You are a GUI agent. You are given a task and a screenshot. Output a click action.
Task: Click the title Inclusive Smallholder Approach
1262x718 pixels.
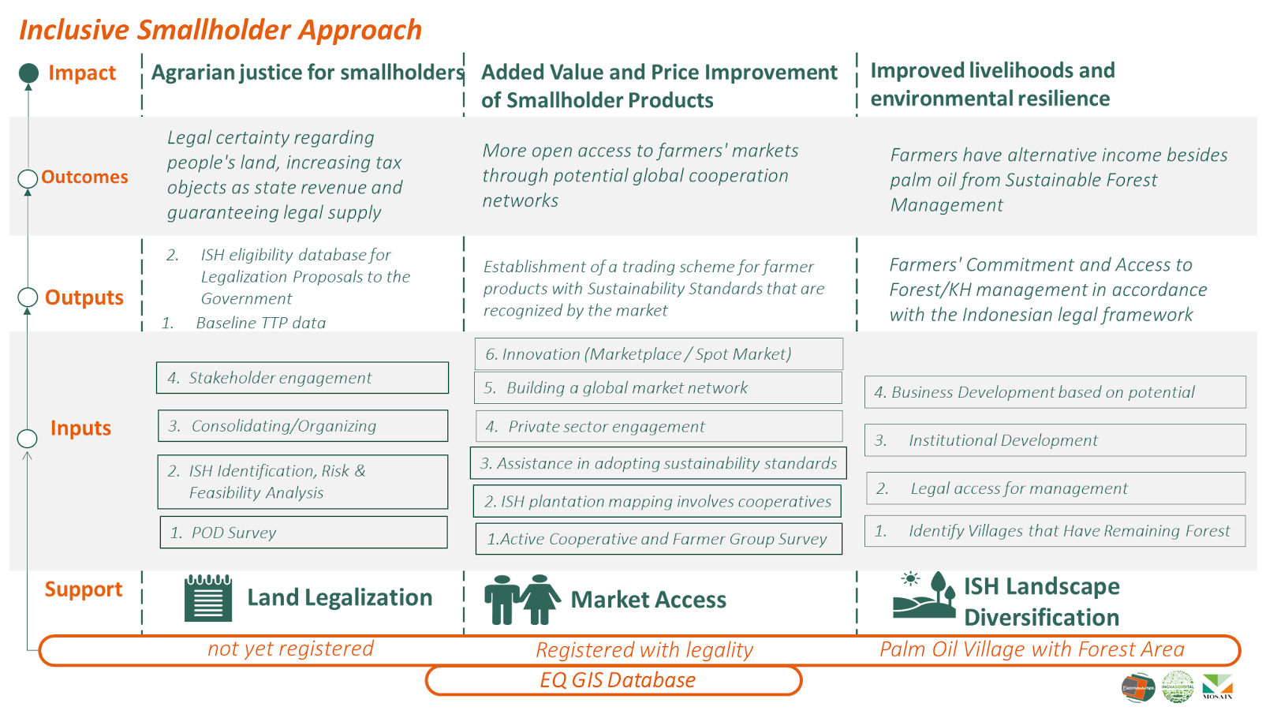(220, 30)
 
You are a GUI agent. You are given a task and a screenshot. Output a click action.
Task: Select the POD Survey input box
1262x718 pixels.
(304, 533)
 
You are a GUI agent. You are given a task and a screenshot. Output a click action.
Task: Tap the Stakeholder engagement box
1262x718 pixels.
(302, 378)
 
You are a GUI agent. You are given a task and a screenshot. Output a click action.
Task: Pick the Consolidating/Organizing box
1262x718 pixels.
(303, 426)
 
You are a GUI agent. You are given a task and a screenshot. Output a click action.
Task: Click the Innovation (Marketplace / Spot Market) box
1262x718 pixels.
(659, 354)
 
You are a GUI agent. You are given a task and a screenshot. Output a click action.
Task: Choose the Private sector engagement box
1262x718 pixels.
(659, 427)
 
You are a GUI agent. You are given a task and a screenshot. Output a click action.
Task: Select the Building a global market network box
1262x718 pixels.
(659, 388)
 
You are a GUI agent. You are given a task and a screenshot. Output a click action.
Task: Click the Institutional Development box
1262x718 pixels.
(1055, 440)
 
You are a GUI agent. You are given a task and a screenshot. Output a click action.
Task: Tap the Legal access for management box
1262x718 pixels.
(1055, 488)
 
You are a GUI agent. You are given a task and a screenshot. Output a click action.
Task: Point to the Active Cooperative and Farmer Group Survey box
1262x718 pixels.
(659, 539)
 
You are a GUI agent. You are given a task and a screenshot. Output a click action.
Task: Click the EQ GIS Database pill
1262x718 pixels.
(614, 681)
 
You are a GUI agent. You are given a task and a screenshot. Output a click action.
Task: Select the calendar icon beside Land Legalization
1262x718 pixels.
(208, 599)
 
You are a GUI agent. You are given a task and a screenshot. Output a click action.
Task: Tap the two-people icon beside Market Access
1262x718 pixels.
(521, 600)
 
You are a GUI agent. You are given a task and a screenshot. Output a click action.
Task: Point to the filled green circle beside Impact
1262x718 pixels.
(28, 73)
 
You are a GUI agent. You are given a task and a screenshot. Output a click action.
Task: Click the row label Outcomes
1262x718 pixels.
(84, 178)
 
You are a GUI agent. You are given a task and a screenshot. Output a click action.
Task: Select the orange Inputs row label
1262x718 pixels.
(80, 428)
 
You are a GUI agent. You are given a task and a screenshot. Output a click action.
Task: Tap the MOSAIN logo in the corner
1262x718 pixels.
(1217, 687)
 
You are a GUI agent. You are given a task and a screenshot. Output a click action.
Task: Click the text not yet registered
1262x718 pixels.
(290, 649)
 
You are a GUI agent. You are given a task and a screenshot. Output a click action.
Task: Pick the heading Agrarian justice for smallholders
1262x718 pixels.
(308, 73)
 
